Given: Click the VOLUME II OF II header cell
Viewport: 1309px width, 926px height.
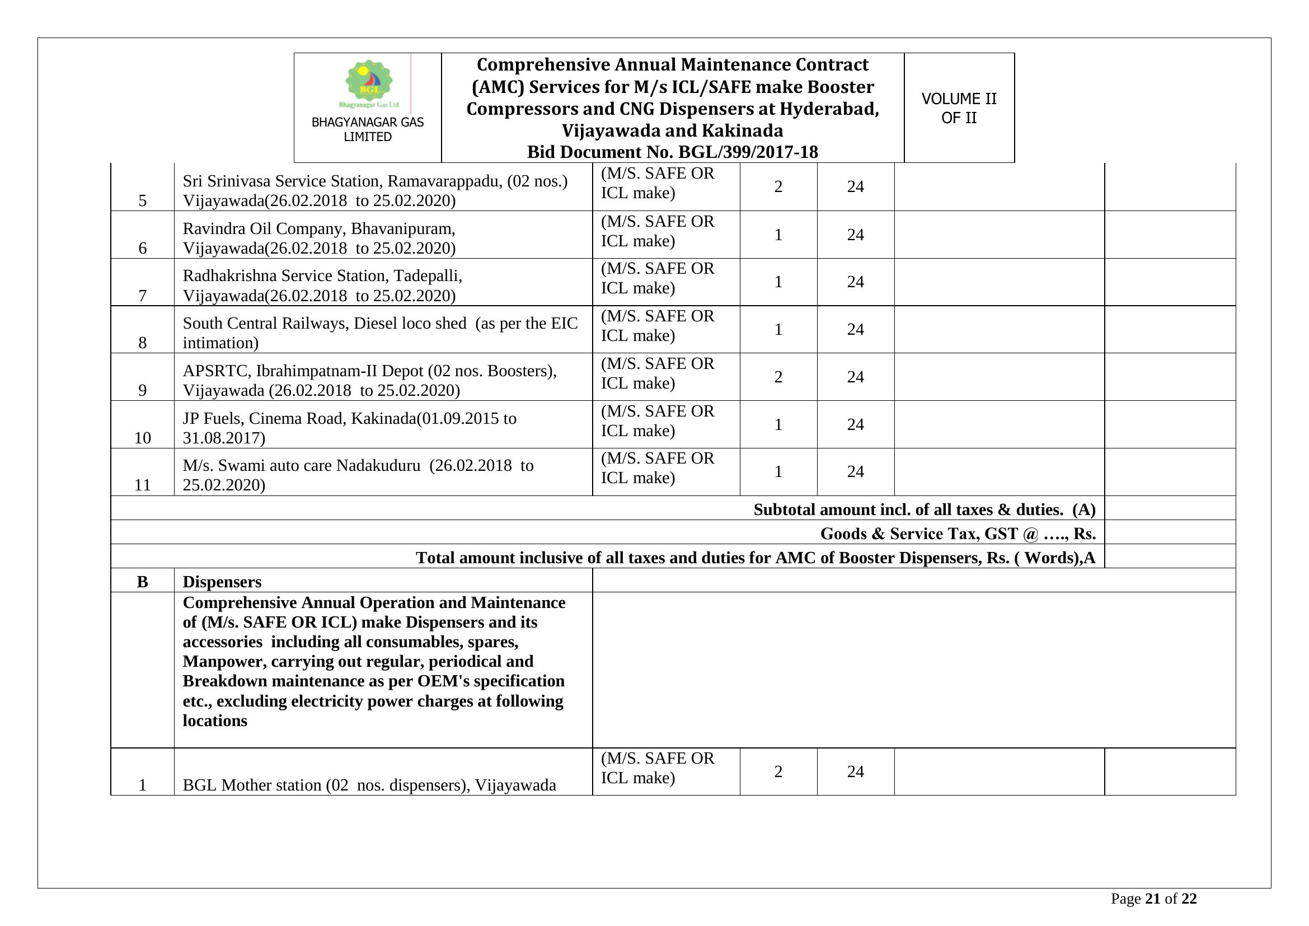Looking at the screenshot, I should point(959,107).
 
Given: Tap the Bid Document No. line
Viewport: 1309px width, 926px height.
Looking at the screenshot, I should point(672,152).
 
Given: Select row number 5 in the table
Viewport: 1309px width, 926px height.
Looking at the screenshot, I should point(143,201).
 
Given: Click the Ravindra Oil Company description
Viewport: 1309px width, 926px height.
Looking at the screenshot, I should point(319,238).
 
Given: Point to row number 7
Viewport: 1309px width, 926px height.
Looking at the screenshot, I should point(143,296).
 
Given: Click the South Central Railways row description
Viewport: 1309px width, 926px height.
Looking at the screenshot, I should point(379,333).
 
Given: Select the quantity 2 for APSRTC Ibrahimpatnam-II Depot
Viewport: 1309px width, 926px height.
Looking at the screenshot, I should point(778,377).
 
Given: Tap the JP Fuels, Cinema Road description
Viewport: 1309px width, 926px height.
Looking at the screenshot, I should point(349,428).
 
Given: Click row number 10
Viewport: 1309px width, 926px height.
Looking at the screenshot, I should point(143,438).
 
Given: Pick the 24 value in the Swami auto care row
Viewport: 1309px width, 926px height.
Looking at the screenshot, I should point(855,471).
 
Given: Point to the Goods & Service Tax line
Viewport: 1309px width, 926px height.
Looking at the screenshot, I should point(957,534).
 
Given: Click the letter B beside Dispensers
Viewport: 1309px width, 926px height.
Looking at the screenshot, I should point(143,582).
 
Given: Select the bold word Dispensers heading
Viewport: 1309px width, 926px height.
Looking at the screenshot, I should point(222,582).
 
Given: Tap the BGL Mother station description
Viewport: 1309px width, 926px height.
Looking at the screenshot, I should point(369,785).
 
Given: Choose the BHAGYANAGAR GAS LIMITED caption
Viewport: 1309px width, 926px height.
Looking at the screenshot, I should point(368,129).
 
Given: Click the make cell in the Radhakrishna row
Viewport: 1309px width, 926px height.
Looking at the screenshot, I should point(658,278).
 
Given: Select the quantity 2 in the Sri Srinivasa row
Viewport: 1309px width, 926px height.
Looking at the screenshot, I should point(778,186).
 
